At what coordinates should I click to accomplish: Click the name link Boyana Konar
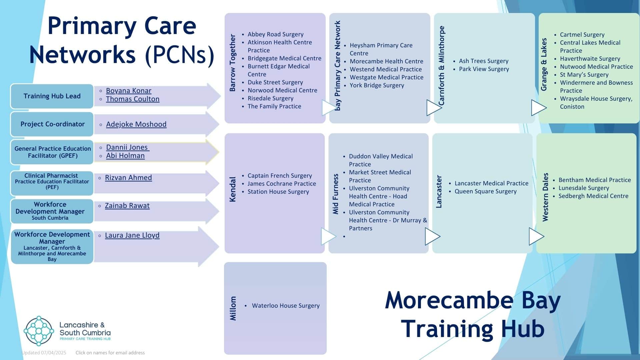pos(128,91)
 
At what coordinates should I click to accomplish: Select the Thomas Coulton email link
pos(132,99)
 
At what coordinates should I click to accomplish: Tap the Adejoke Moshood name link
pos(136,124)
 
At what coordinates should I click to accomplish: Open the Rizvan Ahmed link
pos(128,178)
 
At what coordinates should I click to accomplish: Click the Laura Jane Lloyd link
pos(132,235)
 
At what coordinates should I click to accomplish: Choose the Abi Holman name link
pos(125,156)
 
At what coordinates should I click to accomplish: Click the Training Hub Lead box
pos(52,96)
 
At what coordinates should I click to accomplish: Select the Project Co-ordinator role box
pos(52,124)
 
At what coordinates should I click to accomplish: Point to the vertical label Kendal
pos(233,189)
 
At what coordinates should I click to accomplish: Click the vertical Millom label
pos(233,308)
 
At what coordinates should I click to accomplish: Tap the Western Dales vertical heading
pos(545,197)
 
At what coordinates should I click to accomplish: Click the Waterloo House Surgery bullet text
pos(285,306)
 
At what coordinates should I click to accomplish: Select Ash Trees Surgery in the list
pos(483,61)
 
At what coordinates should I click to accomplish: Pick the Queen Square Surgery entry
pos(485,191)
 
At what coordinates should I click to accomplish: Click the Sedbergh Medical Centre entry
pos(593,196)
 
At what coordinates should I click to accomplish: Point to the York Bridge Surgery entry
pos(377,85)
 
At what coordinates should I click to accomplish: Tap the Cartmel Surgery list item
pos(582,35)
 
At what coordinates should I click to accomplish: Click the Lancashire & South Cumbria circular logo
pos(39,331)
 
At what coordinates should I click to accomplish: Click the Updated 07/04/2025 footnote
pos(44,353)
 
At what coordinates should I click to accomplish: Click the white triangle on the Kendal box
pos(328,236)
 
